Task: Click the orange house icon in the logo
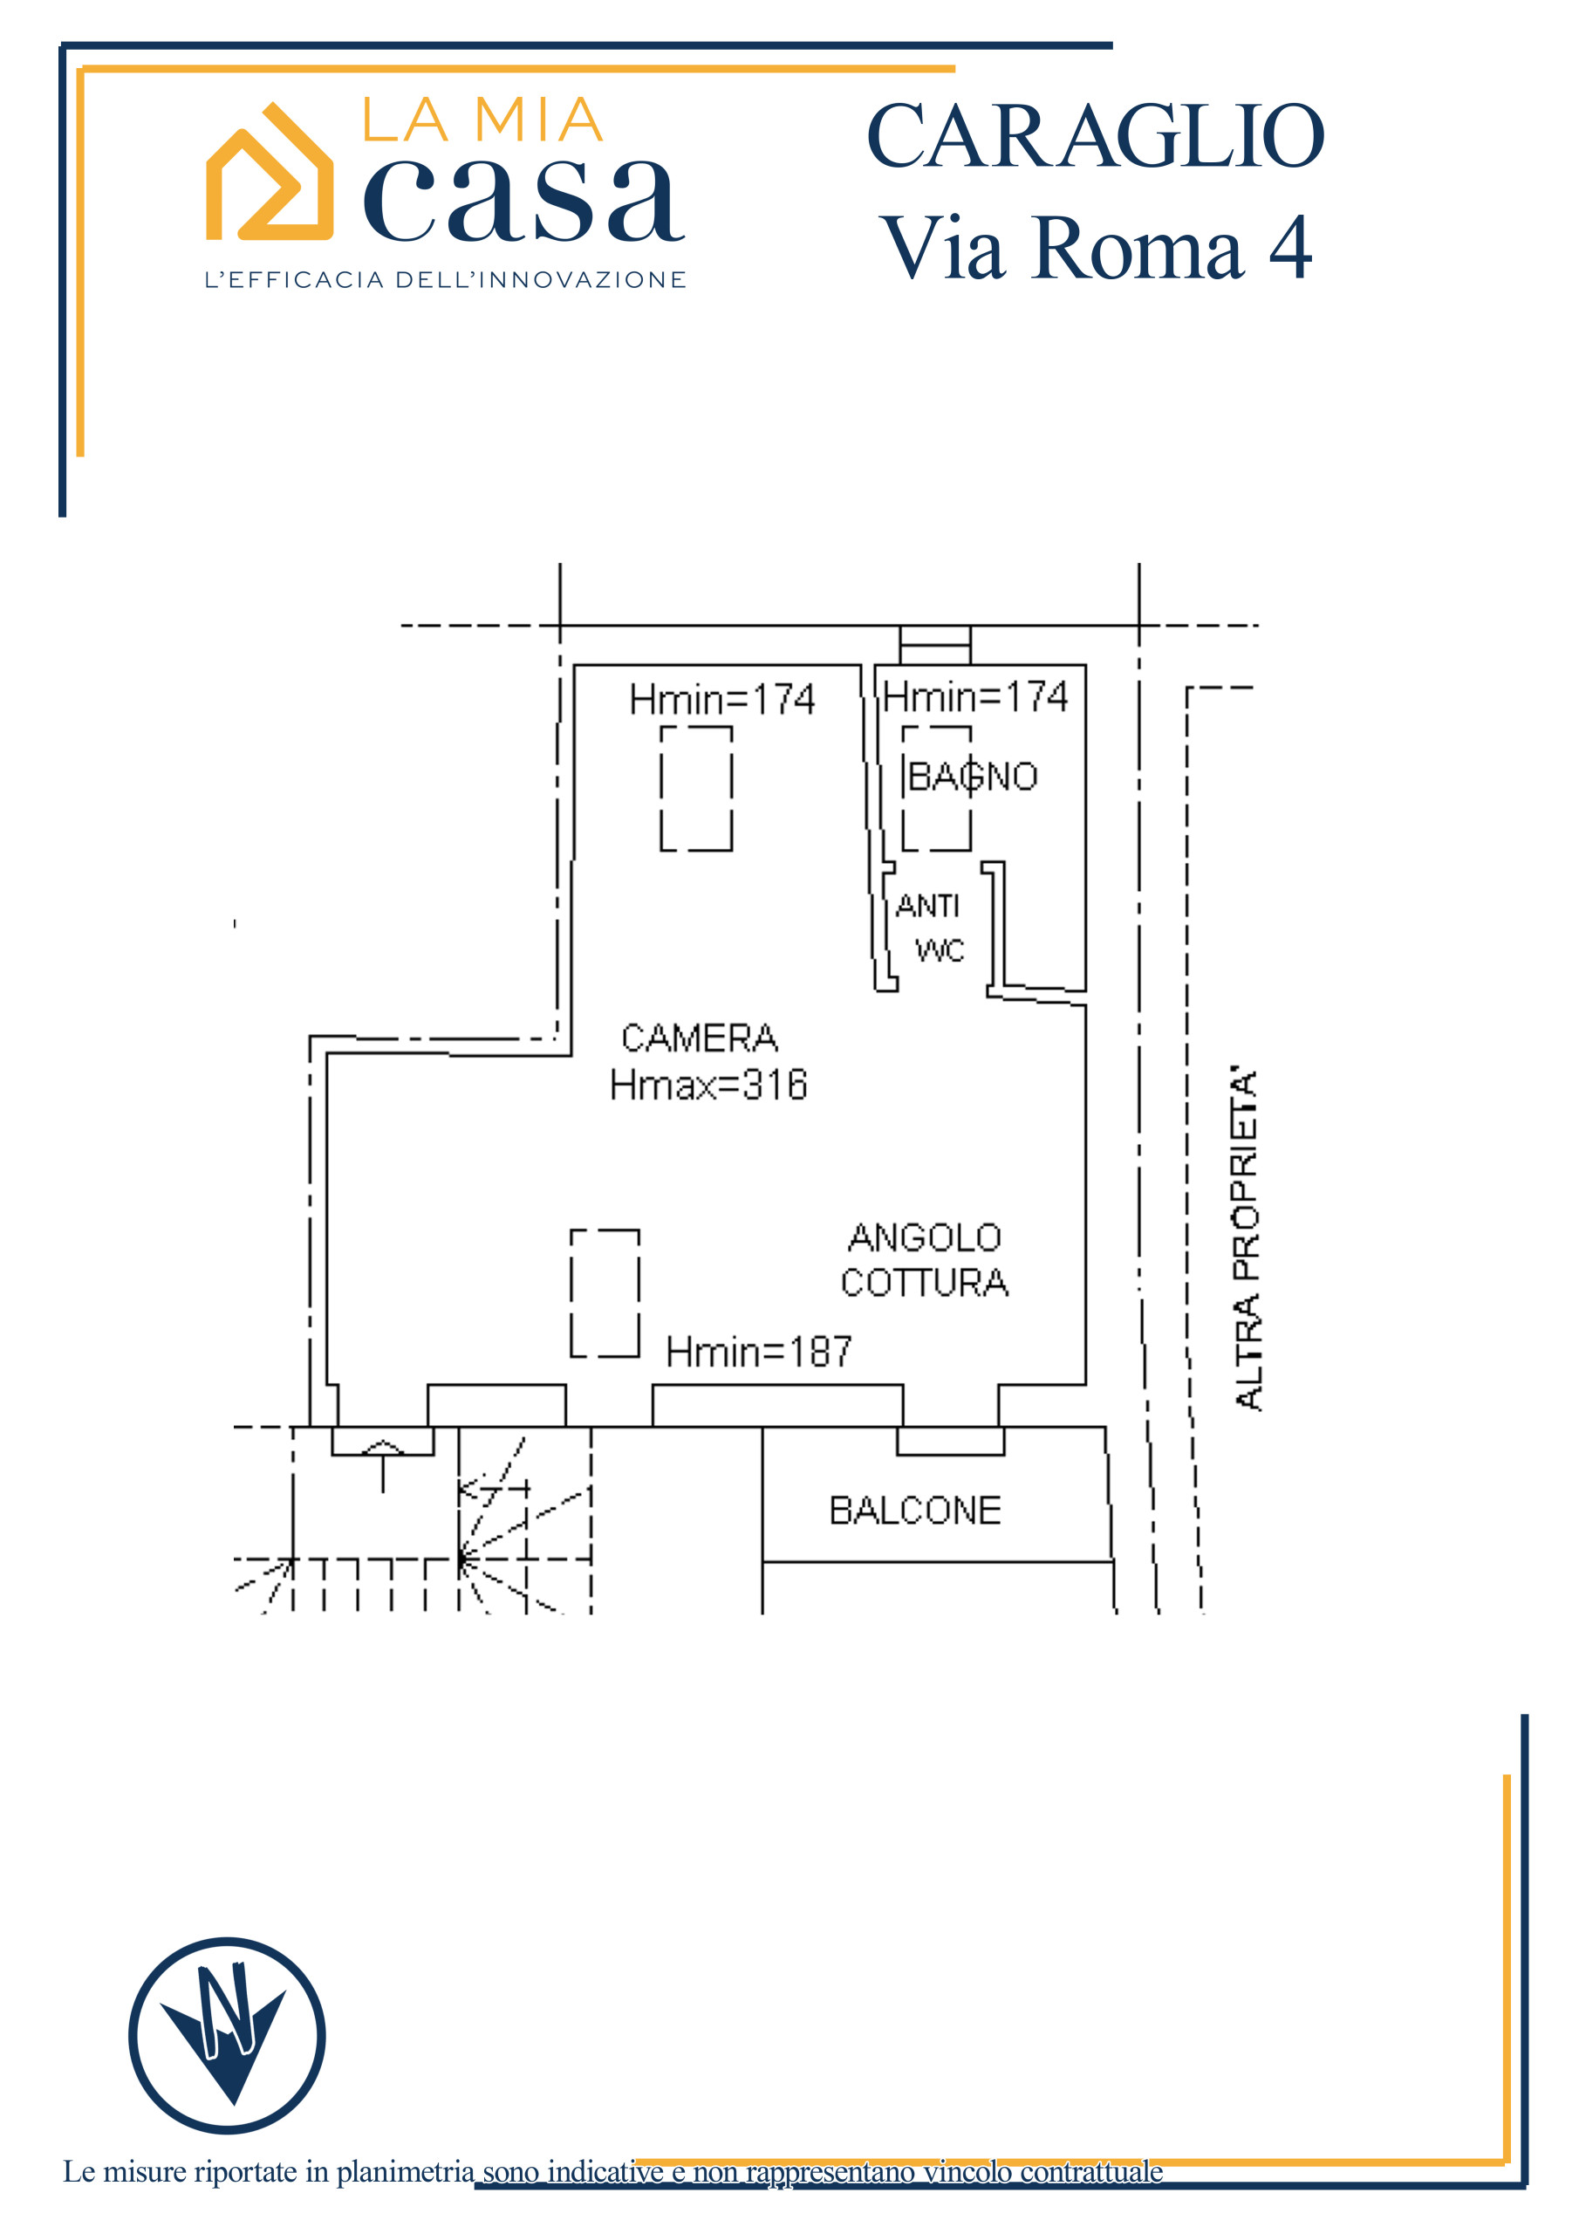tap(270, 172)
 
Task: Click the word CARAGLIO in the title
tap(1095, 136)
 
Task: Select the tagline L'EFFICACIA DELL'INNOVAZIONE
tap(446, 279)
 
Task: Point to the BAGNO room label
tap(972, 777)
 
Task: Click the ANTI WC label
tap(929, 928)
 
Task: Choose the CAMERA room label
tap(700, 1038)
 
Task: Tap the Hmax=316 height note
tap(708, 1085)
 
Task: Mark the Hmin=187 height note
tap(759, 1352)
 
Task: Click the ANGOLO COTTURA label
tap(924, 1260)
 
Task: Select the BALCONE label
tap(914, 1510)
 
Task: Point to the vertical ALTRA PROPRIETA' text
tap(1247, 1238)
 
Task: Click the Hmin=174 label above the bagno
tap(974, 696)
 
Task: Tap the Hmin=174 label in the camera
tap(721, 700)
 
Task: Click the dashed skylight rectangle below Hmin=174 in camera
tap(696, 788)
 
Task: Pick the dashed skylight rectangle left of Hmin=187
tap(605, 1293)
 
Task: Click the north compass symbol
tap(227, 2036)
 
